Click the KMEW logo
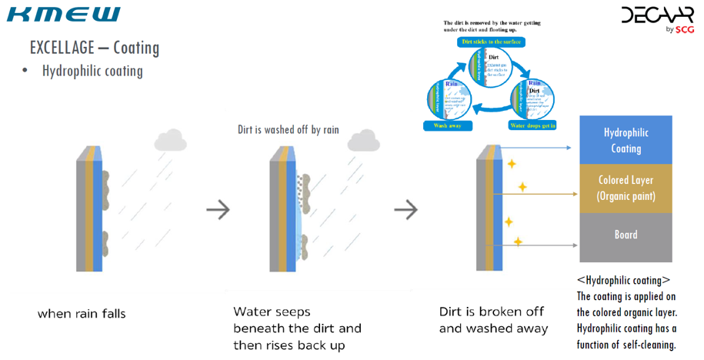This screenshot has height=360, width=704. [64, 14]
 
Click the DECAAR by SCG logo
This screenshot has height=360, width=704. [658, 18]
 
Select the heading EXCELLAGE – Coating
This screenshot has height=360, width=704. [95, 48]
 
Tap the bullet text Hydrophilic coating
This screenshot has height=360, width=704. [92, 72]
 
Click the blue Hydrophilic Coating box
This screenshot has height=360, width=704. [626, 140]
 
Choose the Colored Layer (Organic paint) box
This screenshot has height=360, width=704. [626, 188]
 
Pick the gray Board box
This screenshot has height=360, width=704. [626, 235]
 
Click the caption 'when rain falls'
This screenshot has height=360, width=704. [82, 314]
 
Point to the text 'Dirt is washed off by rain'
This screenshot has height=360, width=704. [288, 130]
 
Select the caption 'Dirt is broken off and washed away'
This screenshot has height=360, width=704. [493, 320]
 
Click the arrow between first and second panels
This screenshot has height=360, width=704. [219, 209]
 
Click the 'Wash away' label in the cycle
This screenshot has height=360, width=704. [447, 125]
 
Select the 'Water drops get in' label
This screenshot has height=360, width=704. [532, 125]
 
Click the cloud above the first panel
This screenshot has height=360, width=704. [171, 140]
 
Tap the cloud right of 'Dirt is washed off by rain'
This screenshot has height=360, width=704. [363, 141]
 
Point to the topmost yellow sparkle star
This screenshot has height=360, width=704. [511, 163]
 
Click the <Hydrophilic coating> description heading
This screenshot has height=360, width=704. [623, 280]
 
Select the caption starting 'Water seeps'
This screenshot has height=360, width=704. [297, 328]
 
